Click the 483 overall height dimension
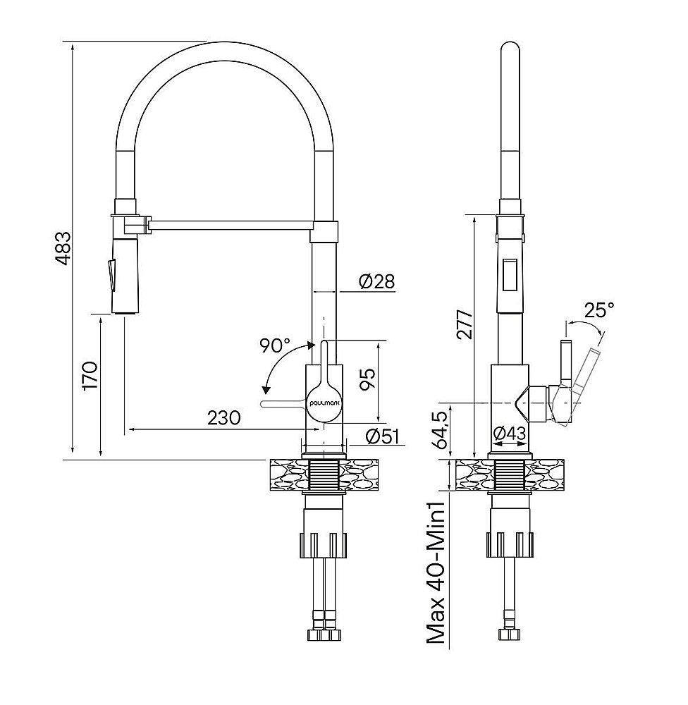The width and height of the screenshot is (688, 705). (64, 248)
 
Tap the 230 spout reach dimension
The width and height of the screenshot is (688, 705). (224, 417)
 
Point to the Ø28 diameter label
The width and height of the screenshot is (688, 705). (376, 281)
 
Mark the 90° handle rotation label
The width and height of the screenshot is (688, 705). (274, 345)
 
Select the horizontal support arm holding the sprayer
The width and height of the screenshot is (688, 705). (229, 225)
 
